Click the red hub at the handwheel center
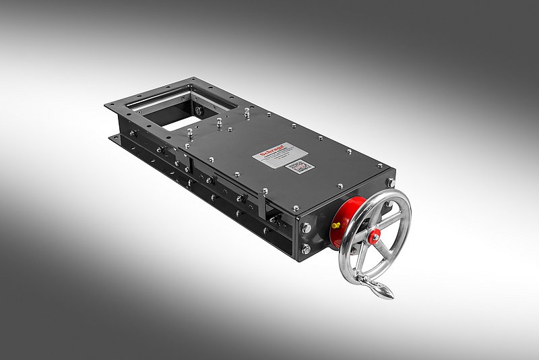point(374,234)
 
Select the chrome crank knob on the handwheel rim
point(382,291)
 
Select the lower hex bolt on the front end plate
point(307,249)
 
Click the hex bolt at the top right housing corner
point(389,182)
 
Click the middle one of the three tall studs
point(219,123)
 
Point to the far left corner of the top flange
point(108,105)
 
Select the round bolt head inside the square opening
point(197,110)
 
